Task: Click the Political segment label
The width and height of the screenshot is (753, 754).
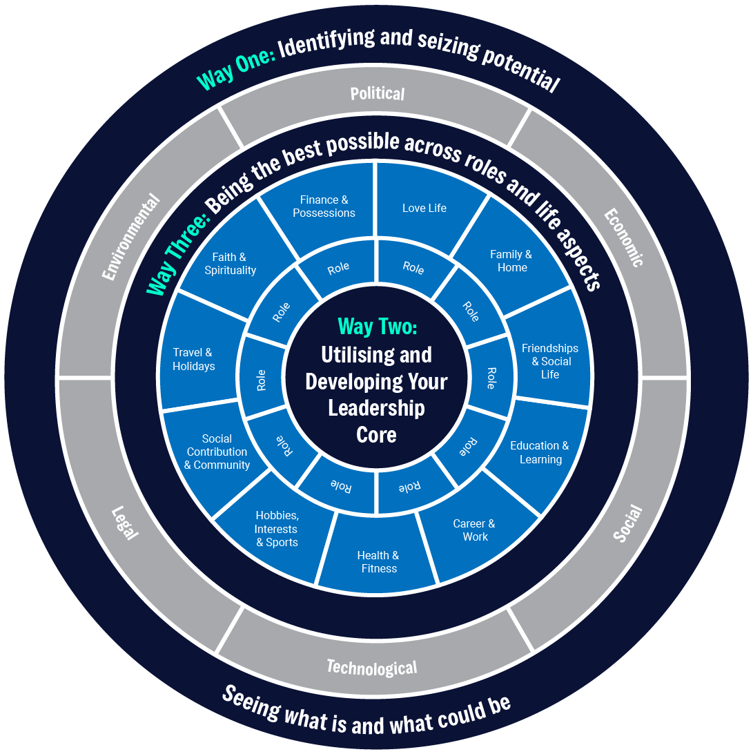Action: (x=377, y=93)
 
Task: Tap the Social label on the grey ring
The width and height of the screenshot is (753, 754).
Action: (x=627, y=523)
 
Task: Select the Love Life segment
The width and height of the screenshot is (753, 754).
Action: (x=424, y=208)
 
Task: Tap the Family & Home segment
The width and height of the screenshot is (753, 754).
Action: (x=511, y=261)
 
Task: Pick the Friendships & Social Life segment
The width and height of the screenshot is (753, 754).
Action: (x=550, y=361)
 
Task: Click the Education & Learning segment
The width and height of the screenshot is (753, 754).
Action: (x=540, y=452)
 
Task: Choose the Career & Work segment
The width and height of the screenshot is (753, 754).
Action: (x=474, y=530)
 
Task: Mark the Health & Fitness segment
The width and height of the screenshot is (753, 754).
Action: (x=378, y=562)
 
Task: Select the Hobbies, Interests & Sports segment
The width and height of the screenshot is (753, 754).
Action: (x=277, y=529)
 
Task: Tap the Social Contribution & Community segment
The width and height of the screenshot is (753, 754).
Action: (x=217, y=452)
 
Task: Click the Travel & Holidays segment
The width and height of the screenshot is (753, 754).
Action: (x=193, y=360)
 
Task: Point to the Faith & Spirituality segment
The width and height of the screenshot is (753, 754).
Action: (x=230, y=264)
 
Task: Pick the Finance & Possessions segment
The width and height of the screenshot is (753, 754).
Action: (x=324, y=206)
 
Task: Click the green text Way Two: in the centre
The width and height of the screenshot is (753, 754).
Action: (x=377, y=327)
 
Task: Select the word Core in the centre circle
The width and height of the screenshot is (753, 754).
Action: (x=376, y=435)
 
